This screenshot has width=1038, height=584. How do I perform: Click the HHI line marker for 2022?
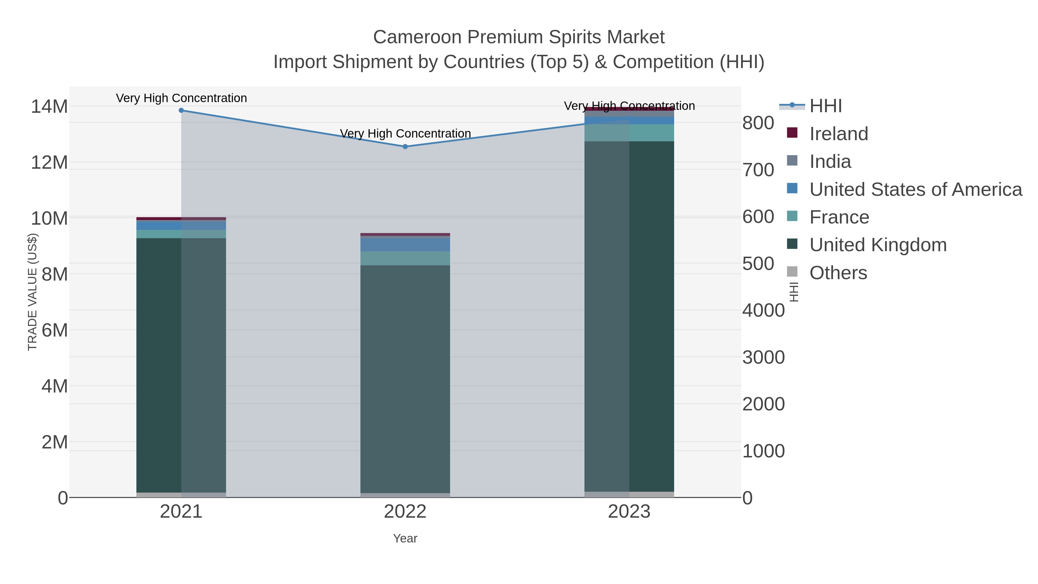tap(405, 147)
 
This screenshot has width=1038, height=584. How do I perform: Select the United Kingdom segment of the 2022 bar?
tap(405, 379)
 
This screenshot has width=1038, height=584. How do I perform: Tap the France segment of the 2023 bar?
tap(629, 133)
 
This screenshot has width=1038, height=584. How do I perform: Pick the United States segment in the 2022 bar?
tap(405, 245)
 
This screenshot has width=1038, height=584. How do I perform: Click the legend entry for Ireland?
tap(838, 134)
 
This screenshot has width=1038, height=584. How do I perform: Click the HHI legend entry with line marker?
tap(825, 106)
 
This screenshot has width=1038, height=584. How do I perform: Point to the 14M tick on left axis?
tap(49, 107)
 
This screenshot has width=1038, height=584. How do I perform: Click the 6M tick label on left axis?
tap(54, 331)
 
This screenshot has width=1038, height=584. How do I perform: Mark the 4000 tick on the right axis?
tap(763, 311)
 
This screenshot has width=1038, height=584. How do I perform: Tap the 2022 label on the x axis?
tap(405, 512)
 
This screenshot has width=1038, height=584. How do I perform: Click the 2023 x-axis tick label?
tap(629, 512)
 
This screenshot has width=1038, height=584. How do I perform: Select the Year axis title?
tap(405, 538)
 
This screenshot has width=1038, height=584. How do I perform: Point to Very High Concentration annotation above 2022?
tap(405, 134)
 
